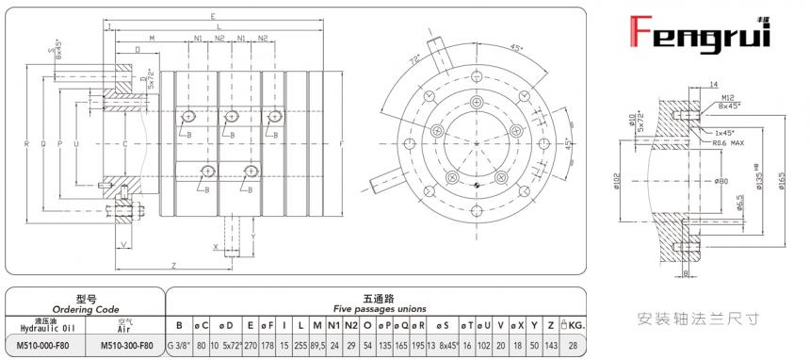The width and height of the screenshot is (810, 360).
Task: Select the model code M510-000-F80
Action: tap(48, 345)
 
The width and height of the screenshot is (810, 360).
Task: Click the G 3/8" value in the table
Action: tap(179, 345)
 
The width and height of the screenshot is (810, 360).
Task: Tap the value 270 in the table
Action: tap(250, 345)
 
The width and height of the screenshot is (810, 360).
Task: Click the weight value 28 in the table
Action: tap(573, 345)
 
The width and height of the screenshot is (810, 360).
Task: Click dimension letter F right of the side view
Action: tap(340, 143)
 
